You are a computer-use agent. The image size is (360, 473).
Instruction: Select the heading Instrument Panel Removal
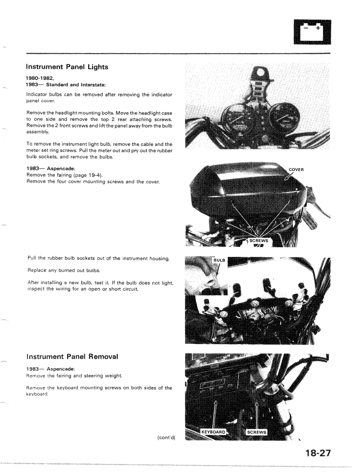(72, 356)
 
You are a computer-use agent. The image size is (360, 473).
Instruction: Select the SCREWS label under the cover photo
(258, 240)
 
